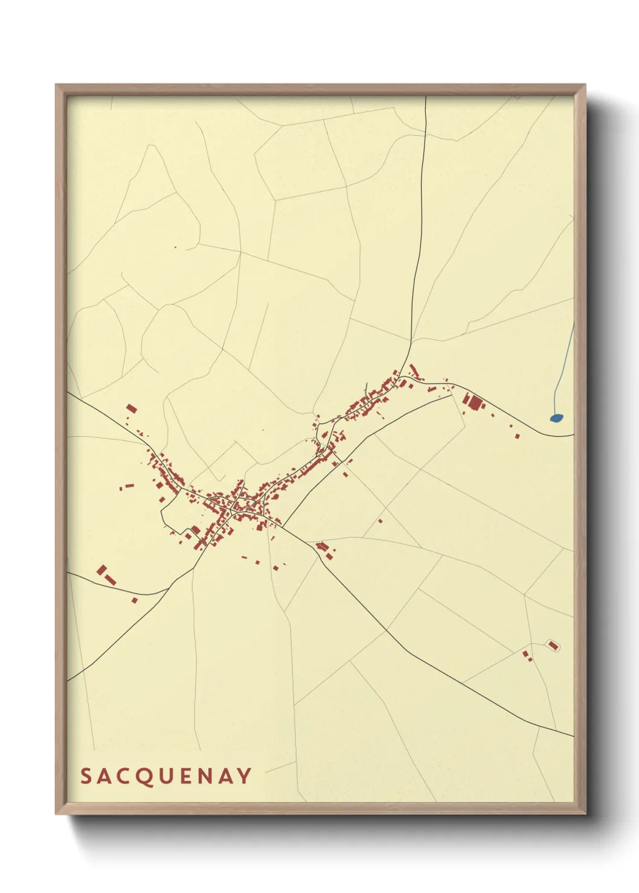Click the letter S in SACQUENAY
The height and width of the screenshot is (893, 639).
click(x=86, y=776)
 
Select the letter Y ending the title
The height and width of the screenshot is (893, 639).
click(x=245, y=776)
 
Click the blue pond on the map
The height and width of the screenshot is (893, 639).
click(x=556, y=417)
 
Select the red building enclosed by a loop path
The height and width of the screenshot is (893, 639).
click(x=553, y=645)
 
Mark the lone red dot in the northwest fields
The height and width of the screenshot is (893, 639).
click(x=175, y=247)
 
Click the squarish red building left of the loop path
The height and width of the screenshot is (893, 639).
click(x=525, y=653)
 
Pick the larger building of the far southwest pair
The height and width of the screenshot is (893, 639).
click(x=101, y=570)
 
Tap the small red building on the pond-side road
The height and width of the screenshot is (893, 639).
click(x=517, y=435)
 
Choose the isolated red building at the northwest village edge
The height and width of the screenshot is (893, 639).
click(x=132, y=409)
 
